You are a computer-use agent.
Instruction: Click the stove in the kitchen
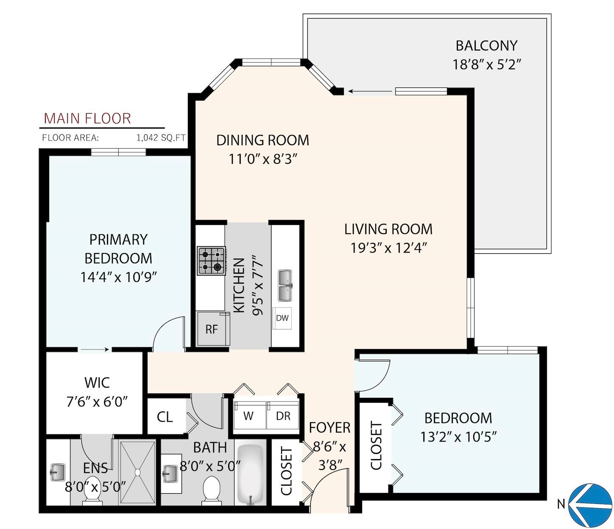point(212,261)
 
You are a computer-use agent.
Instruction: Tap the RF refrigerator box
point(213,328)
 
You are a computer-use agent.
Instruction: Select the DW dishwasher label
point(282,318)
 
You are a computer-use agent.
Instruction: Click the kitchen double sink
point(285,285)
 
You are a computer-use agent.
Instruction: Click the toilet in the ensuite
point(92,491)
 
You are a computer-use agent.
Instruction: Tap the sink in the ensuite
point(58,472)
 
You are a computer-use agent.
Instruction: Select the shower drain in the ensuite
point(137,472)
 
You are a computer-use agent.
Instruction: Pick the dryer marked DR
point(282,415)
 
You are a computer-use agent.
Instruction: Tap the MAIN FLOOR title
point(87,118)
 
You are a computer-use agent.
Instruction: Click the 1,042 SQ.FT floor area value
point(161,138)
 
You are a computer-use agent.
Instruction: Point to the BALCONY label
point(486,46)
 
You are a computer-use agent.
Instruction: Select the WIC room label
point(97,383)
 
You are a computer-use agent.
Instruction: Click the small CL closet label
point(165,417)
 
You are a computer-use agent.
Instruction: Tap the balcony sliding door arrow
point(370,91)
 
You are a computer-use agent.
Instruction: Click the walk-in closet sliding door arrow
point(95,349)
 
